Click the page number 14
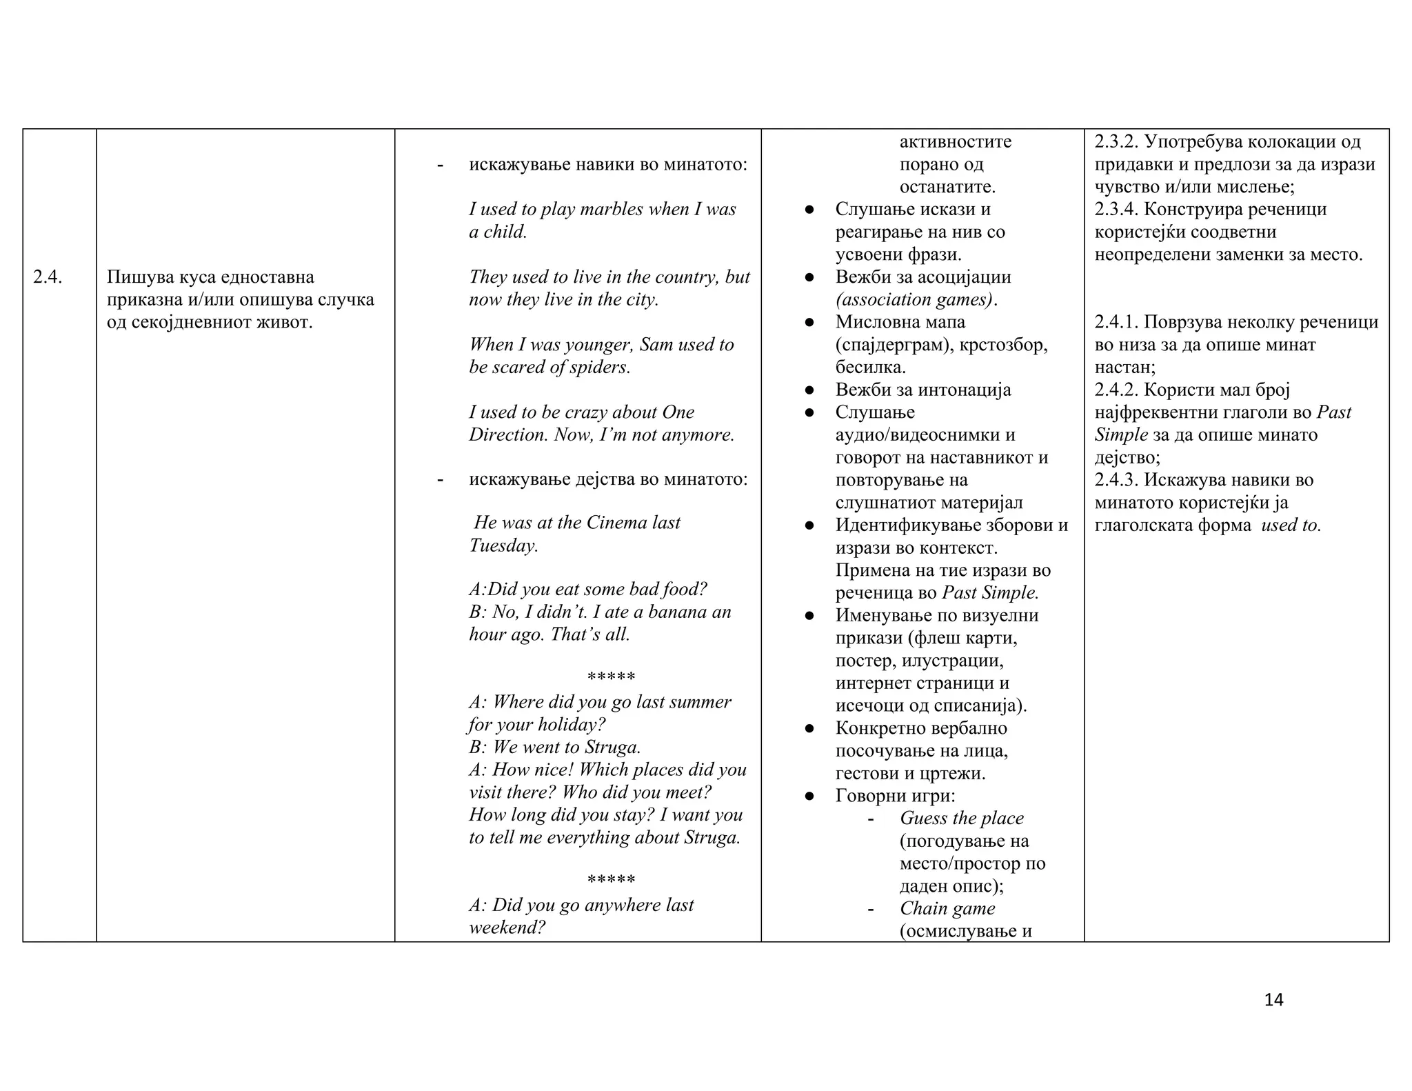(x=1273, y=1000)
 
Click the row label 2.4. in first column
(x=48, y=277)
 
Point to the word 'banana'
(x=674, y=612)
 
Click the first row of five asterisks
(x=611, y=677)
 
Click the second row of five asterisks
(x=611, y=880)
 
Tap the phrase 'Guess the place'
(x=961, y=819)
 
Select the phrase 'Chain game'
(x=947, y=909)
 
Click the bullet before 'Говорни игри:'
(x=810, y=797)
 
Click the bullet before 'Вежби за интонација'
(x=810, y=390)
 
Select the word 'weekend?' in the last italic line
(x=507, y=928)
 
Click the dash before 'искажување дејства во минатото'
(x=440, y=479)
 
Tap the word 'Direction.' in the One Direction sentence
(x=509, y=435)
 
